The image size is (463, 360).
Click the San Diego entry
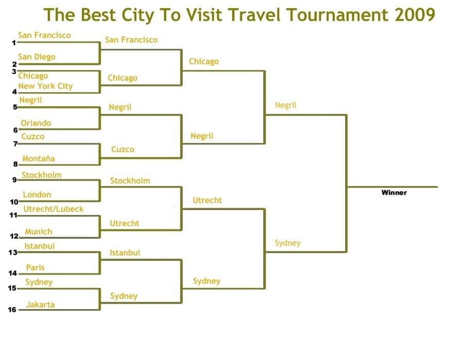pos(37,57)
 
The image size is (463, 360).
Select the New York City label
pos(45,86)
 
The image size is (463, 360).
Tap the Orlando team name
pos(35,123)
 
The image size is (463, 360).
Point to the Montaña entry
pos(39,158)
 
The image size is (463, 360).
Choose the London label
pos(37,194)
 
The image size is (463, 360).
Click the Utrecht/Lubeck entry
pos(54,209)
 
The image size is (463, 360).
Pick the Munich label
pos(39,231)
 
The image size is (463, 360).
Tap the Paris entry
pos(35,267)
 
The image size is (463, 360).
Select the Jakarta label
pos(40,304)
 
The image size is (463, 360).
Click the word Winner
pos(394,193)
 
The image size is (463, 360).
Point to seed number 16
pos(12,310)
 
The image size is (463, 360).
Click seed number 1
pos(14,43)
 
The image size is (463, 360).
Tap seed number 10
pos(14,202)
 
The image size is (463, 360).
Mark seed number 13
pos(13,253)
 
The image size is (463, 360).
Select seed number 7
pos(15,143)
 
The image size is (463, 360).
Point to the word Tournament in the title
pos(337,14)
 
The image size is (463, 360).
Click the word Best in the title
pos(98,14)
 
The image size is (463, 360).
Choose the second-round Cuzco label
pos(122,149)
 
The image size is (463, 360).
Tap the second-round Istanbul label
pos(125,253)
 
